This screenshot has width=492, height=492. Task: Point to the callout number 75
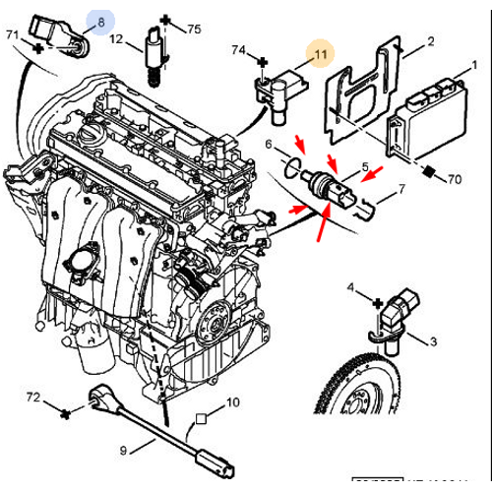pyautogui.click(x=193, y=30)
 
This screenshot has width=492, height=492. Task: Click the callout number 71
pyautogui.click(x=13, y=35)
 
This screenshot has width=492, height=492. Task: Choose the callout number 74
pyautogui.click(x=238, y=49)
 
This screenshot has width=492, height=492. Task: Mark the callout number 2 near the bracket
pyautogui.click(x=430, y=41)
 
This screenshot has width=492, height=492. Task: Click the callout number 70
pyautogui.click(x=454, y=179)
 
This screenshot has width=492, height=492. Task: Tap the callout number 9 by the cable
pyautogui.click(x=124, y=451)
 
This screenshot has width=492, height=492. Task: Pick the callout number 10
pyautogui.click(x=232, y=402)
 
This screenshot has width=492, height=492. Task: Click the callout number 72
pyautogui.click(x=33, y=398)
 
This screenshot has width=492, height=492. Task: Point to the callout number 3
pyautogui.click(x=431, y=340)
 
